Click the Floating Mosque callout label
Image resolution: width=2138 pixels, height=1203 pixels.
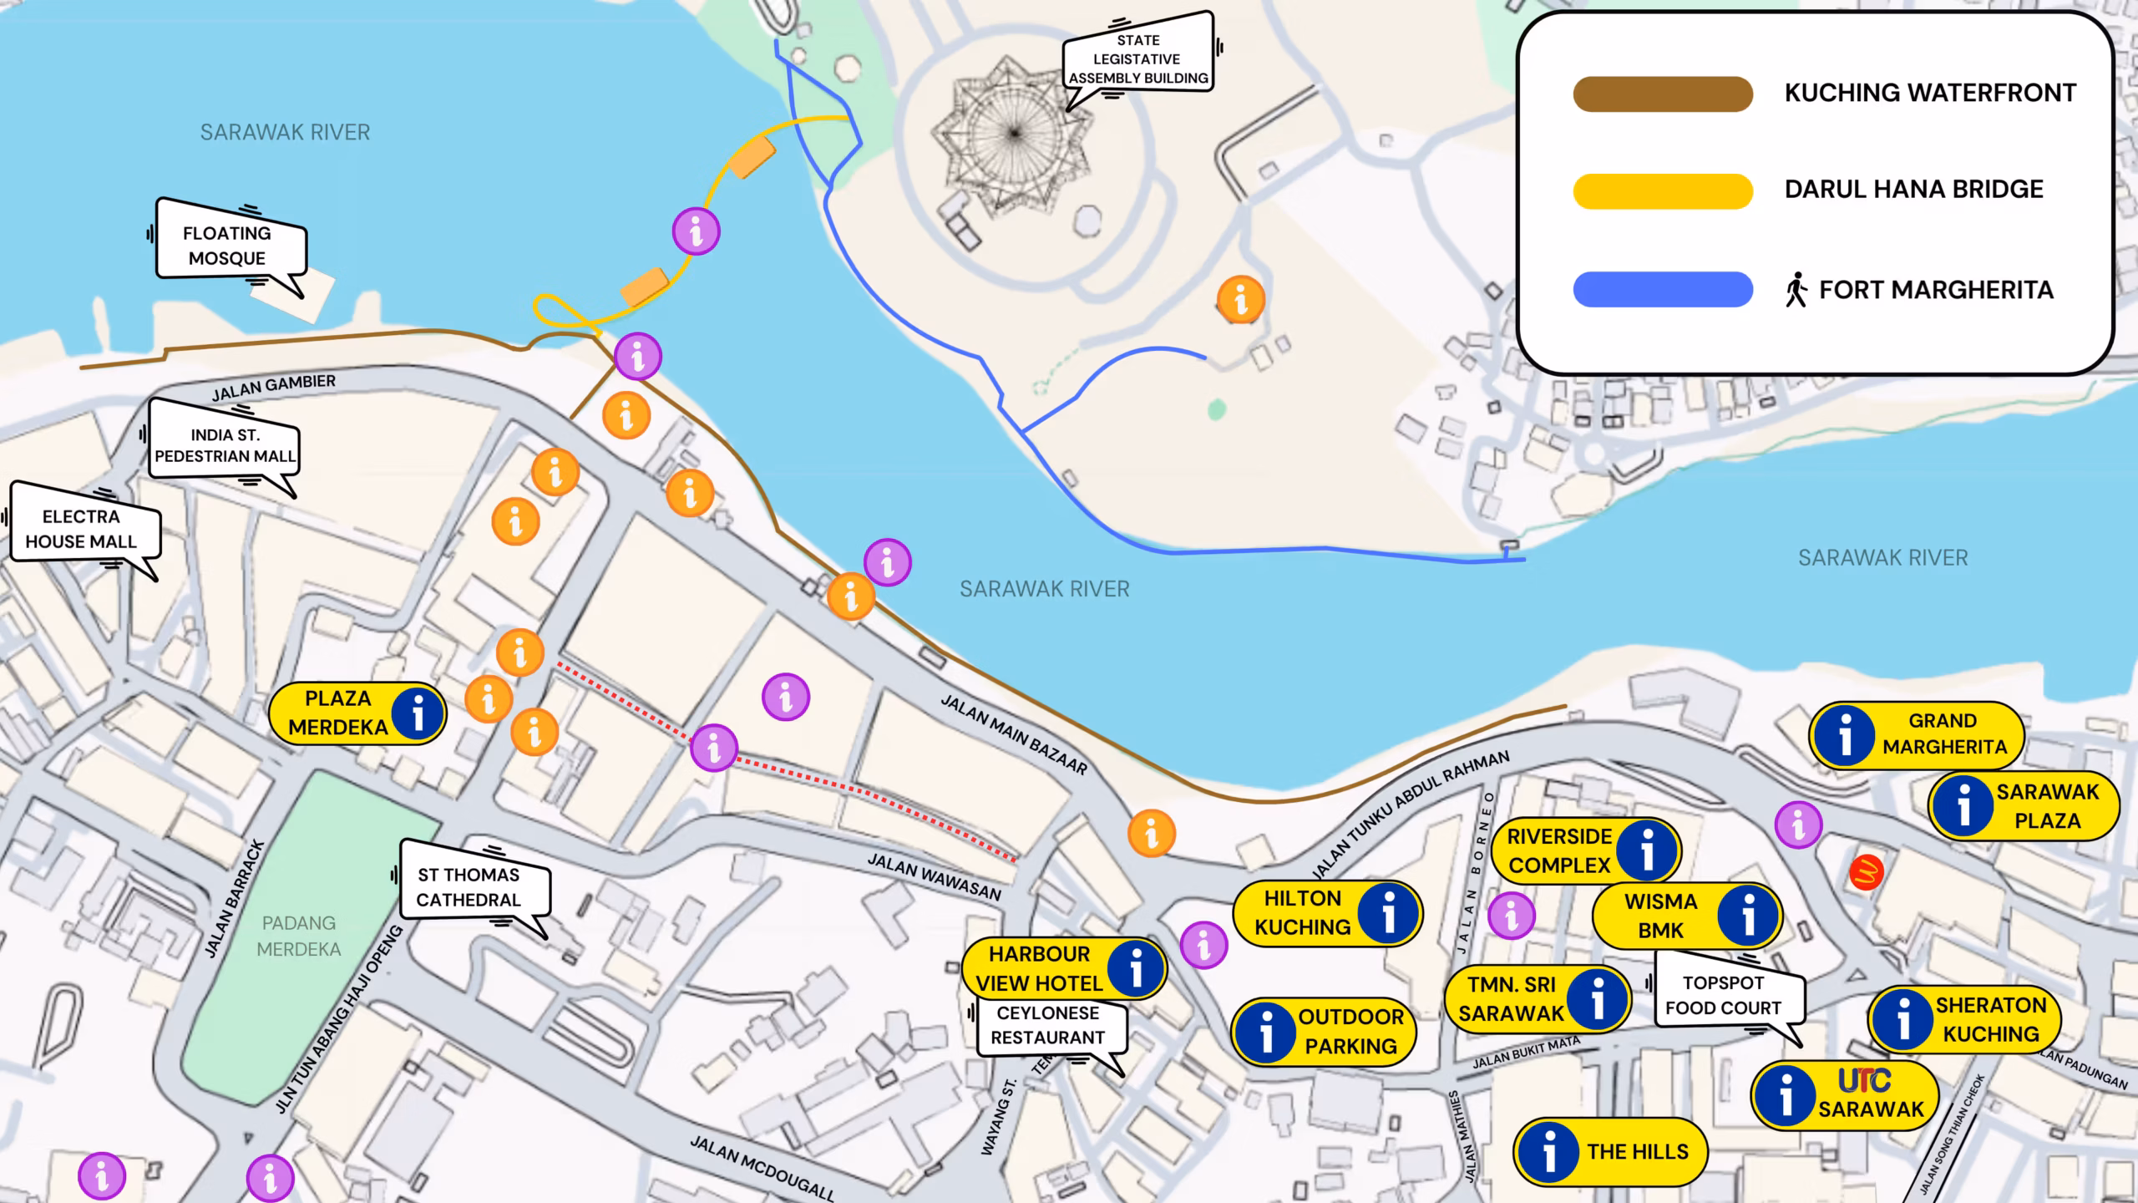click(x=228, y=245)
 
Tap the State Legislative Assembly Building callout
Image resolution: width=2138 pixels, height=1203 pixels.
click(x=1137, y=59)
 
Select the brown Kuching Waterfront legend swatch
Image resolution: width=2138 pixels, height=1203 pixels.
click(x=1662, y=94)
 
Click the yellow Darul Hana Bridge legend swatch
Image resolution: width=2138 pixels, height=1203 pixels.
click(x=1662, y=190)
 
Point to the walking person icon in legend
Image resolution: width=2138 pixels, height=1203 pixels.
click(x=1796, y=290)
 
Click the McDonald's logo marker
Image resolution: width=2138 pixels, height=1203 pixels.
click(x=1866, y=873)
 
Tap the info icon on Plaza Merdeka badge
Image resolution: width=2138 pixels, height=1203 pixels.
click(x=418, y=713)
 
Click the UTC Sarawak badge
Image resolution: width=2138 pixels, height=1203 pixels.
click(x=1844, y=1095)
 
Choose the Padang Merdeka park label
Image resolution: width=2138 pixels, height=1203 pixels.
click(x=299, y=936)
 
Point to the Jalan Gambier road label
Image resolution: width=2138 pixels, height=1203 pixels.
click(x=273, y=388)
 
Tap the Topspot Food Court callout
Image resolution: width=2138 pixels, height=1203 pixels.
click(x=1724, y=996)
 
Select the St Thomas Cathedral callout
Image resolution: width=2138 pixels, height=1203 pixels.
click(x=469, y=887)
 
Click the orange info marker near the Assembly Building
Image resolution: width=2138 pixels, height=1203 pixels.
click(x=1240, y=299)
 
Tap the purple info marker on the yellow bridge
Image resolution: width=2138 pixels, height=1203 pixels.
click(x=696, y=231)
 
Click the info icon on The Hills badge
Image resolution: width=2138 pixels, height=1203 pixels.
click(x=1549, y=1151)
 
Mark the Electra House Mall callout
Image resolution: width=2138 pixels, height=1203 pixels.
click(x=81, y=530)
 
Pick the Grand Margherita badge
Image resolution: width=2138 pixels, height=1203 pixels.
click(x=1917, y=733)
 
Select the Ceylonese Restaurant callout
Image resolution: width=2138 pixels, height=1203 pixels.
click(x=1048, y=1025)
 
